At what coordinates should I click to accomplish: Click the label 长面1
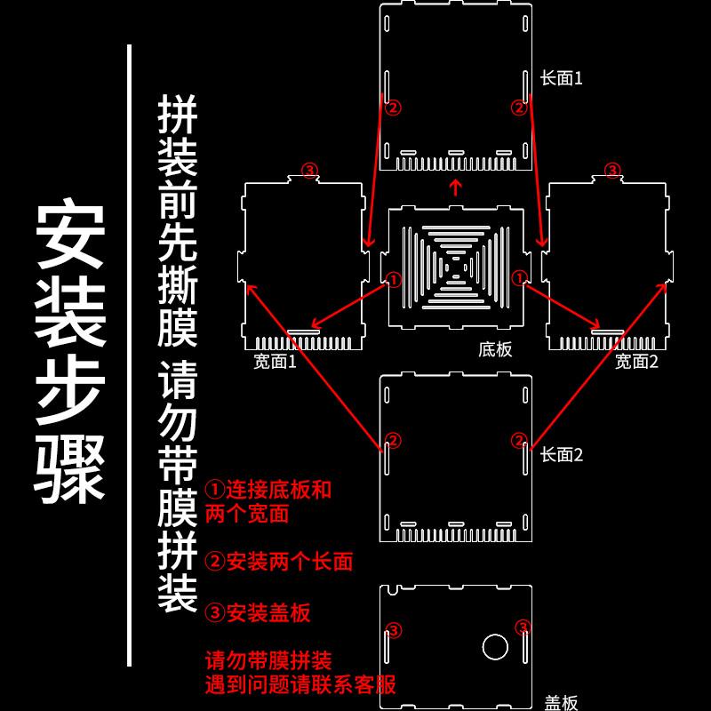(x=562, y=78)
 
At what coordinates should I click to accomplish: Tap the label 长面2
(x=562, y=455)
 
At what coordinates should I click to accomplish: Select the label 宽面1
(x=275, y=361)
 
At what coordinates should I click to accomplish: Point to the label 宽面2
(x=636, y=361)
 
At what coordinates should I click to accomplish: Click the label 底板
(x=495, y=349)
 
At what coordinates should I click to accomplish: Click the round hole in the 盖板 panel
(x=493, y=646)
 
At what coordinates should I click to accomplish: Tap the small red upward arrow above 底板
(x=455, y=187)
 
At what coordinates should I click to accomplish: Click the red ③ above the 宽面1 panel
(x=309, y=170)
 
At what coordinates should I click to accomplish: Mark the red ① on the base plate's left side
(x=394, y=279)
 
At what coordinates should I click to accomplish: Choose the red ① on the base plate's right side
(x=519, y=279)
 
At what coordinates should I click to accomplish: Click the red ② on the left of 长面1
(x=394, y=107)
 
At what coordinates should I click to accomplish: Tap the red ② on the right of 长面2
(x=519, y=440)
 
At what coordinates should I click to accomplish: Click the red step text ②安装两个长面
(x=279, y=562)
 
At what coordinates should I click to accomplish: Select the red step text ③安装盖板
(x=258, y=612)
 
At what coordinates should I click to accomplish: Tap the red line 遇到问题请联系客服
(x=300, y=684)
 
